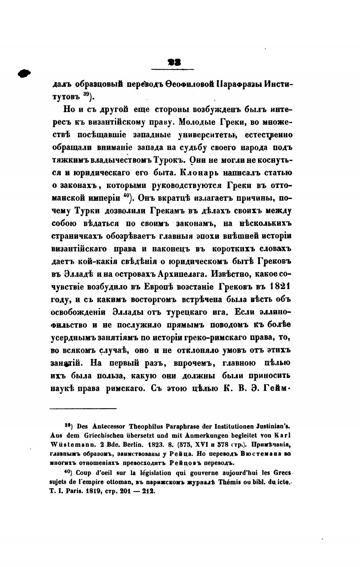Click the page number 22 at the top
pyautogui.click(x=173, y=63)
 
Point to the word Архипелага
pyautogui.click(x=181, y=274)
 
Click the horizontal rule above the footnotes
pyautogui.click(x=83, y=409)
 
